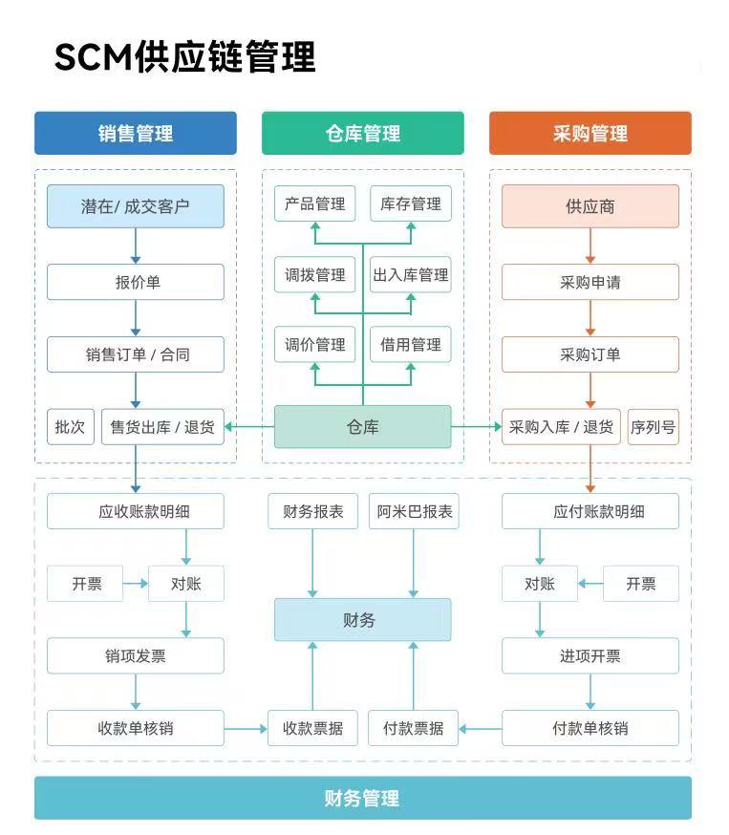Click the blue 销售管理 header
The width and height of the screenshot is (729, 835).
(x=135, y=133)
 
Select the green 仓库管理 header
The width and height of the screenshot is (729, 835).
(x=362, y=133)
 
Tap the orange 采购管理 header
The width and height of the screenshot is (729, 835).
(x=590, y=133)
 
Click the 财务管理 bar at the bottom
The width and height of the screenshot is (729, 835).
(x=362, y=798)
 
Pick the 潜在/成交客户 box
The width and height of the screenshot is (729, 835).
(x=135, y=205)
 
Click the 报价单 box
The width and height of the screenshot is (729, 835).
(x=135, y=282)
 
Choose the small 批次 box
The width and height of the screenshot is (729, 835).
(x=71, y=427)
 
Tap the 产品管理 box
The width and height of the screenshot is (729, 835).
(x=314, y=203)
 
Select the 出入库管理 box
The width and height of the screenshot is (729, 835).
(x=411, y=275)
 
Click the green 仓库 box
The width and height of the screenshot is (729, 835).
(x=362, y=427)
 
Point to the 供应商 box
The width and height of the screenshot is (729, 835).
(x=590, y=205)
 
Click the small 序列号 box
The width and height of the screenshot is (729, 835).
(x=653, y=427)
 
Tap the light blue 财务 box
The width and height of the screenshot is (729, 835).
(x=362, y=620)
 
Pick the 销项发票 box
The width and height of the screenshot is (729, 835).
(x=135, y=656)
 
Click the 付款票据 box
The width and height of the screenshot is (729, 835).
(x=413, y=728)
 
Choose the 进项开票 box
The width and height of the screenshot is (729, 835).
(x=590, y=656)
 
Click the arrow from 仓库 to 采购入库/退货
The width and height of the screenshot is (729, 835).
(x=476, y=427)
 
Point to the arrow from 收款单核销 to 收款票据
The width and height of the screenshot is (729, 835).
(x=246, y=729)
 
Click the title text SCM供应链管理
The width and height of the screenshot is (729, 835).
(x=184, y=57)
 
